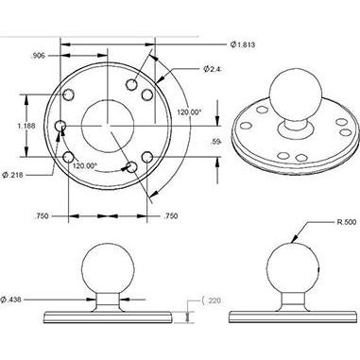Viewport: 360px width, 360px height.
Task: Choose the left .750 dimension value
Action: tap(41, 216)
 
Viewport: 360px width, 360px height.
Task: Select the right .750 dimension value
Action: tap(171, 216)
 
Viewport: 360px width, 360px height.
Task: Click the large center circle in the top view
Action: tap(109, 124)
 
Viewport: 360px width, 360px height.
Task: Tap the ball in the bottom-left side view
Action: tap(110, 267)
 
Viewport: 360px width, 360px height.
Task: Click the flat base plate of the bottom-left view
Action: tap(110, 307)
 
